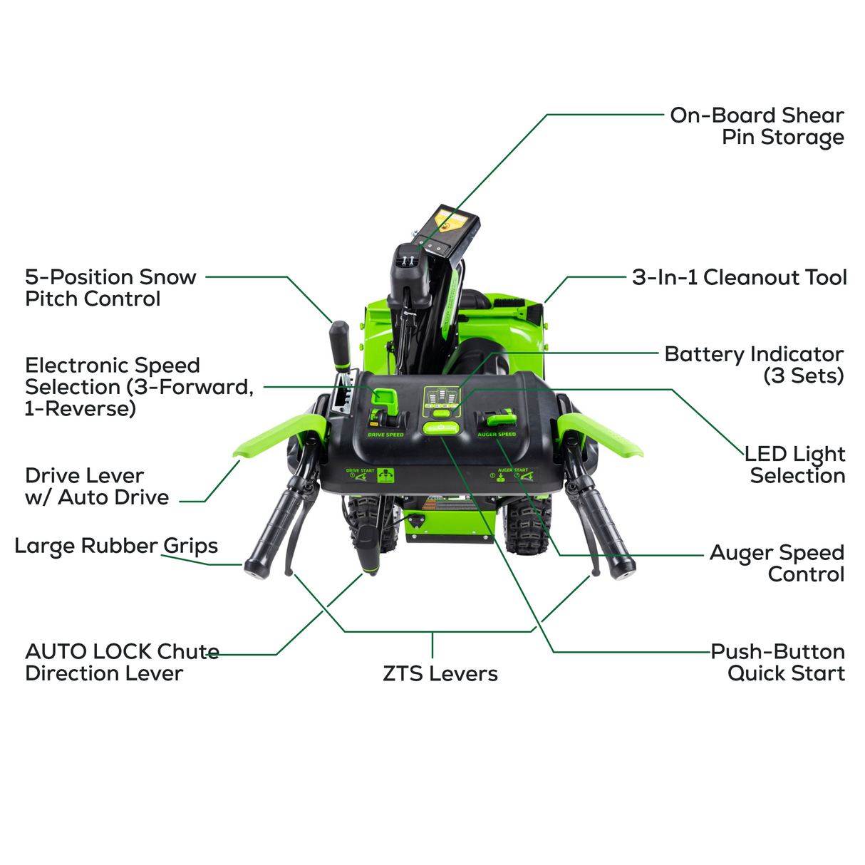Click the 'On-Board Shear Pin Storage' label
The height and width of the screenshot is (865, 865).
[757, 126]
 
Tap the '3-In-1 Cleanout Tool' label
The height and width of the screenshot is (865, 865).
[739, 277]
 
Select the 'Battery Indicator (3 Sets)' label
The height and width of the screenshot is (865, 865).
[754, 364]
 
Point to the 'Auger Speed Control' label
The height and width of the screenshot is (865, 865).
[777, 563]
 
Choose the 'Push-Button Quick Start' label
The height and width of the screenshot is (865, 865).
[778, 662]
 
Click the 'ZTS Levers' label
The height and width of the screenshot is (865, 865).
[440, 673]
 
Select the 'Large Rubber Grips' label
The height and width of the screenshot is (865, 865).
[116, 546]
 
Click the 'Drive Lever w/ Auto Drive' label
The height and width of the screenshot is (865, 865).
[97, 486]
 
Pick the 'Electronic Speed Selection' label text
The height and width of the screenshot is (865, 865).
[139, 386]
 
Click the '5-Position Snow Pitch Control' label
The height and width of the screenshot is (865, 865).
[110, 287]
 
